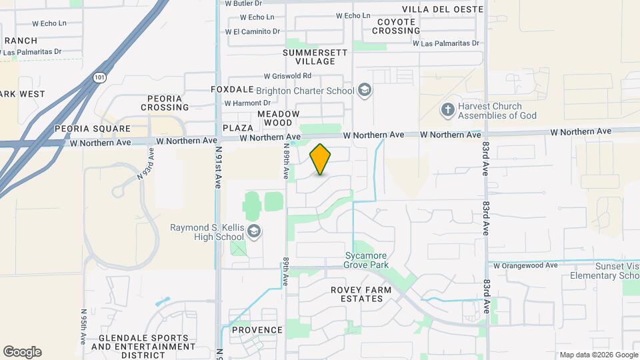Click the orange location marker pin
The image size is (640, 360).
(321, 159)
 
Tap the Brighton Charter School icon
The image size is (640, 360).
(364, 89)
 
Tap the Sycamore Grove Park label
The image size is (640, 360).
(366, 260)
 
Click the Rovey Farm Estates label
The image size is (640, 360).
(357, 294)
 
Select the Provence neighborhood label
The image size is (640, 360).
(257, 330)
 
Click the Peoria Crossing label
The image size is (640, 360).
(165, 103)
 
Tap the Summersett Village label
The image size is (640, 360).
(309, 57)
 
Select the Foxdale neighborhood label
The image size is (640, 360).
(232, 89)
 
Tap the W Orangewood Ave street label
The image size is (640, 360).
(525, 265)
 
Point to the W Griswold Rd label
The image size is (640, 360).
(287, 76)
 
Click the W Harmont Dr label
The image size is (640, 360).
(247, 103)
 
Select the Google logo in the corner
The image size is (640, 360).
(22, 352)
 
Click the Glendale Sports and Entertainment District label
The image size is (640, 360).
(143, 347)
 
